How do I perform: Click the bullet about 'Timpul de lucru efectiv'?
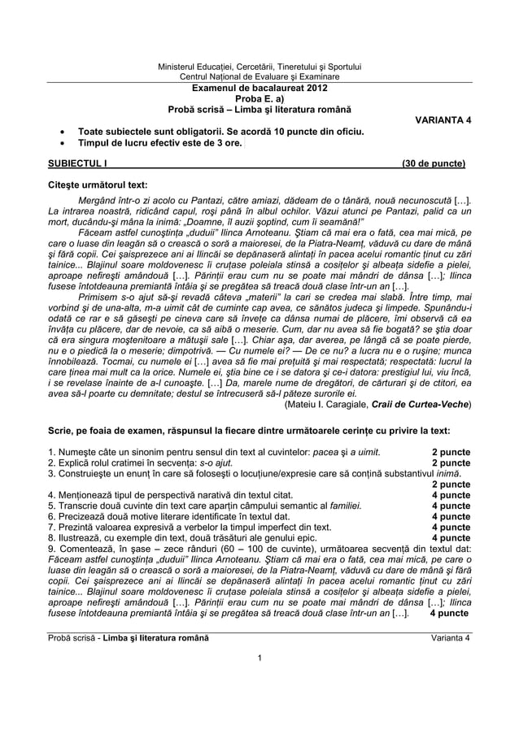159,142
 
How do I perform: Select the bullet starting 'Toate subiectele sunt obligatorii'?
220,131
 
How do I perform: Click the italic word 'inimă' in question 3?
446,474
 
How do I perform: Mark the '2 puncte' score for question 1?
450,452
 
